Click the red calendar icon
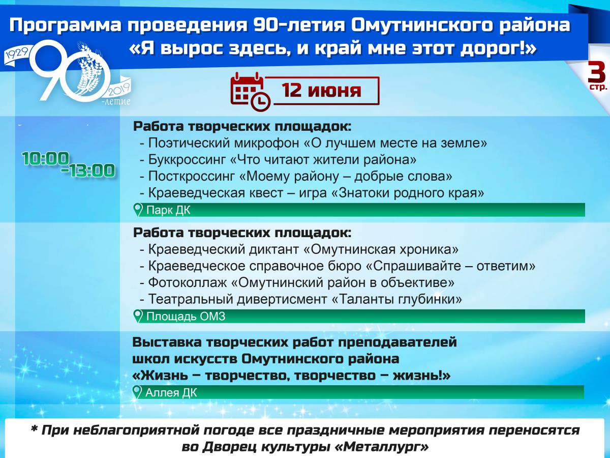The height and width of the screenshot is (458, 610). tap(250, 92)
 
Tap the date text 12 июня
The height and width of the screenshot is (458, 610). tap(322, 91)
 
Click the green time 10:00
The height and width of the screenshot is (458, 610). tap(46, 158)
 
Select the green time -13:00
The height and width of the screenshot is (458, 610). tap(88, 170)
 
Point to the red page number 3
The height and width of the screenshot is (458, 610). tap(596, 72)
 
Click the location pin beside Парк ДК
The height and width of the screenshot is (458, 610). tap(138, 210)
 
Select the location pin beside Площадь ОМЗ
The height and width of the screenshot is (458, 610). tap(138, 316)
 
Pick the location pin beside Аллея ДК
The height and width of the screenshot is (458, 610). tap(137, 392)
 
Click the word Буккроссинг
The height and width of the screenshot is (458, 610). tap(187, 160)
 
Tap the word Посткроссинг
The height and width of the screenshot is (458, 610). tap(192, 176)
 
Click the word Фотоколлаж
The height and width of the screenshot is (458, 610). tap(187, 283)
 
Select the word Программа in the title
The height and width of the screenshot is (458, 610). tap(66, 25)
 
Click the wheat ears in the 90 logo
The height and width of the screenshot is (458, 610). tap(88, 67)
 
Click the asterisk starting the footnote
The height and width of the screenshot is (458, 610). tap(34, 429)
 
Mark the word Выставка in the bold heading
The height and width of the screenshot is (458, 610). tap(167, 342)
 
